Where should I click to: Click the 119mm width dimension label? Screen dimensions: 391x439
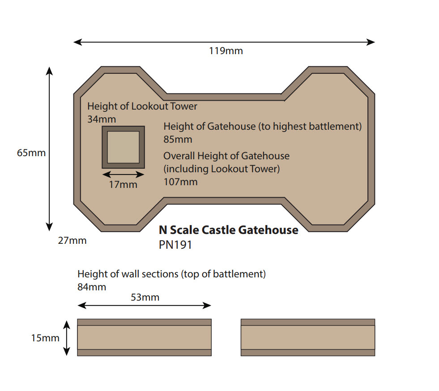(226, 51)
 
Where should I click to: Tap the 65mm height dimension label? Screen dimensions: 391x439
(31, 153)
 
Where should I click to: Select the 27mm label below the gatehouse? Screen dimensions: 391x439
(72, 241)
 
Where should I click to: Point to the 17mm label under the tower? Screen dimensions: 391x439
(123, 184)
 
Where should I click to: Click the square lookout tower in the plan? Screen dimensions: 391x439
(123, 147)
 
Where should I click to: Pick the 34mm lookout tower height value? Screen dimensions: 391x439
(102, 119)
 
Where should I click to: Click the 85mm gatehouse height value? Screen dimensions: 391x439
(178, 139)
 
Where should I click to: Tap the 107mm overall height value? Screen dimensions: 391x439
(180, 182)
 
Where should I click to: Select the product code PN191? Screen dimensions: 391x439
(175, 245)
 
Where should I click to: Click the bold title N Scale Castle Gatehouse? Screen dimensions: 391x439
(228, 230)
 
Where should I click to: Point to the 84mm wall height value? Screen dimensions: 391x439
(92, 287)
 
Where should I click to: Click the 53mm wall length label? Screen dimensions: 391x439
(145, 297)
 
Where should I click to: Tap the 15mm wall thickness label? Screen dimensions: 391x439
(45, 338)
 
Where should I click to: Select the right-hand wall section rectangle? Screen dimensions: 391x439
(307, 337)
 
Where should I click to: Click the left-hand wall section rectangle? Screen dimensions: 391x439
(144, 337)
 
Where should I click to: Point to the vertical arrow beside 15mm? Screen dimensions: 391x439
(67, 338)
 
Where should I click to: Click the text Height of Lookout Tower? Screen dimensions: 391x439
(142, 106)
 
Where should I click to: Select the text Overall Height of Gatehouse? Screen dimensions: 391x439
(226, 156)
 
